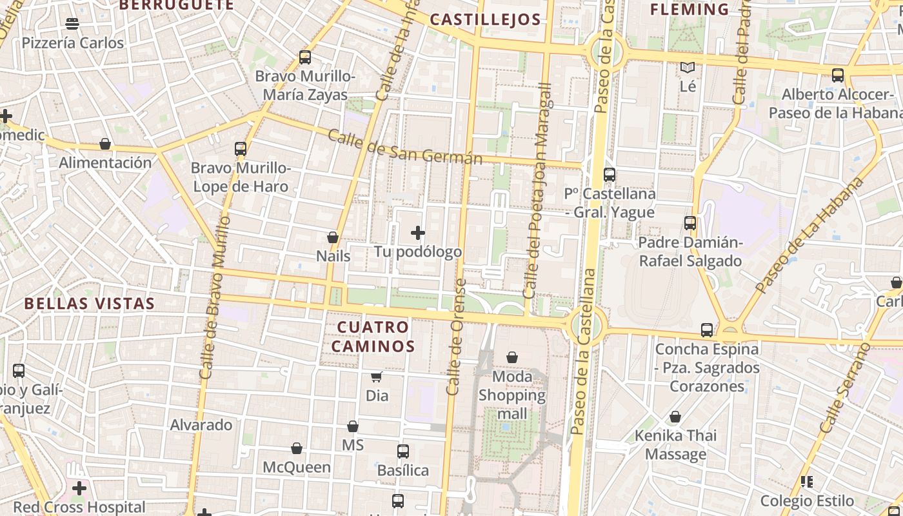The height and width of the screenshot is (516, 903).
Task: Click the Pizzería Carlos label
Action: pyautogui.click(x=72, y=43)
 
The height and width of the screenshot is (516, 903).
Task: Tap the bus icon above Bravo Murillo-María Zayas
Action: pyautogui.click(x=305, y=57)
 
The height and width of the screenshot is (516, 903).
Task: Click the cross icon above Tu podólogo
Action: pyautogui.click(x=418, y=233)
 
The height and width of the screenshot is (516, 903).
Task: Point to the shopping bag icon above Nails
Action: pyautogui.click(x=333, y=237)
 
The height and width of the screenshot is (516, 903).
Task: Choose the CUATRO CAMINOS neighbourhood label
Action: pyautogui.click(x=373, y=337)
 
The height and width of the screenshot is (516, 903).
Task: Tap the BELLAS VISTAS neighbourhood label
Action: pyautogui.click(x=90, y=304)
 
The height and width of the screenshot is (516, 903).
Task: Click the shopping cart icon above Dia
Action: pyautogui.click(x=377, y=377)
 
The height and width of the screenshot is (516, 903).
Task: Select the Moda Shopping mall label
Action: pyautogui.click(x=512, y=395)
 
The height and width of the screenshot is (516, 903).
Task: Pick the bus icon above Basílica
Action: pyautogui.click(x=403, y=451)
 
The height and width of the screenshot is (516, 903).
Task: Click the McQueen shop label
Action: pyautogui.click(x=297, y=467)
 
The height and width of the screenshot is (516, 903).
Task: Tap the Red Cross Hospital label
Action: pyautogui.click(x=79, y=507)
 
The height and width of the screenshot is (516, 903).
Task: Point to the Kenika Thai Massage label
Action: pyautogui.click(x=675, y=445)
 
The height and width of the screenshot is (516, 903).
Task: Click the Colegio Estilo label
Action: pyautogui.click(x=807, y=501)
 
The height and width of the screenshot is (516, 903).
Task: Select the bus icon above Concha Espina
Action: pyautogui.click(x=707, y=330)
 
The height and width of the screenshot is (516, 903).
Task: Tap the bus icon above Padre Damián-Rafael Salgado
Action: pyautogui.click(x=690, y=223)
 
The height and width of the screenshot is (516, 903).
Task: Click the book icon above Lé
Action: pyautogui.click(x=688, y=67)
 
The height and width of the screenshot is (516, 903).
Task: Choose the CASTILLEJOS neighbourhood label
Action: pyautogui.click(x=485, y=19)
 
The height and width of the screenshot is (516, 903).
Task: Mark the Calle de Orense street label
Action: pyautogui.click(x=456, y=337)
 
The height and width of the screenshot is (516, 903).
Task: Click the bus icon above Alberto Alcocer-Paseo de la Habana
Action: pyautogui.click(x=838, y=75)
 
